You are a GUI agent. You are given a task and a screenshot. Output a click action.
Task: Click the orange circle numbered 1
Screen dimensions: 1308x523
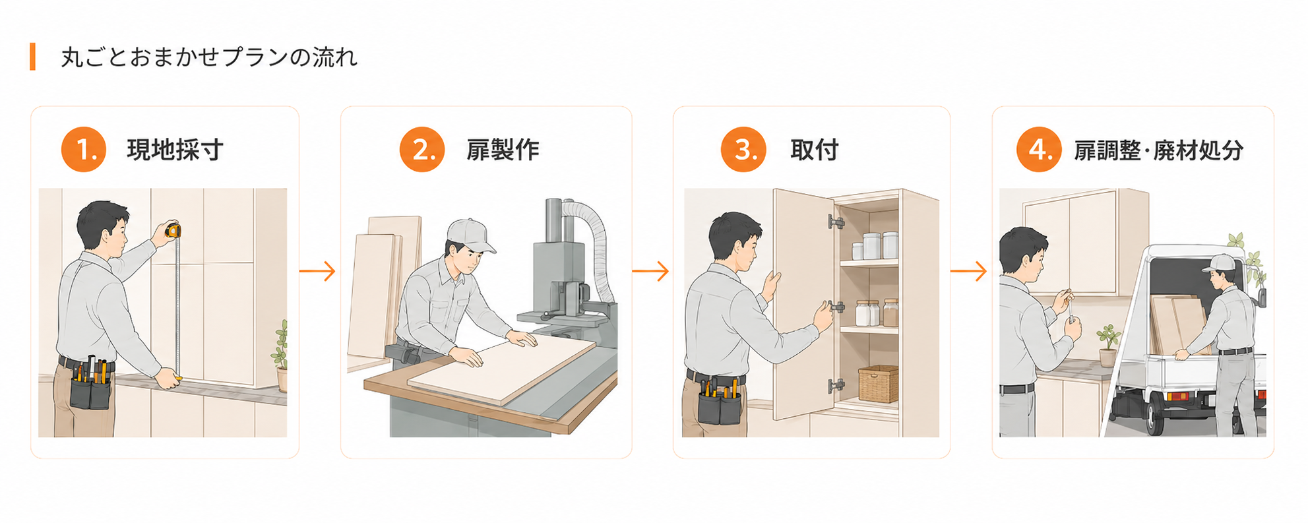pyautogui.click(x=84, y=150)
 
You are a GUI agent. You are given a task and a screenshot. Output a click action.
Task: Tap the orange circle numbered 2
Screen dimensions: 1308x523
pyautogui.click(x=422, y=150)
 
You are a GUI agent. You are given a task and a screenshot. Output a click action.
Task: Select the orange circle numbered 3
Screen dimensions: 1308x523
pyautogui.click(x=743, y=150)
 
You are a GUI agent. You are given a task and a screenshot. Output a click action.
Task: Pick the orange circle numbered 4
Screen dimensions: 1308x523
pyautogui.click(x=1039, y=150)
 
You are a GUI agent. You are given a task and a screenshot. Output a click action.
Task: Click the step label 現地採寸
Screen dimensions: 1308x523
pyautogui.click(x=175, y=150)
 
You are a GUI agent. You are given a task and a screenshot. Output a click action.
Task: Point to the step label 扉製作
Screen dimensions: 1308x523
pyautogui.click(x=503, y=150)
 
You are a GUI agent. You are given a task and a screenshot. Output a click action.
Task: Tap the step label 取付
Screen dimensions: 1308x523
pyautogui.click(x=815, y=150)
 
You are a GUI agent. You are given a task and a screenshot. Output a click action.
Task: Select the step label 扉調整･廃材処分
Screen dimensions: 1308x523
pyautogui.click(x=1159, y=150)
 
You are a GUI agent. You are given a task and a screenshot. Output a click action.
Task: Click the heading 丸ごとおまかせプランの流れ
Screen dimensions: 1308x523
pyautogui.click(x=209, y=57)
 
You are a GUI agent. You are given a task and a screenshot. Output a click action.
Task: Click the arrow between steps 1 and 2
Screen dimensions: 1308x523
pyautogui.click(x=317, y=271)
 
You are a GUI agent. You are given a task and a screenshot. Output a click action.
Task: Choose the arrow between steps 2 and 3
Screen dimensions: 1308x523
pyautogui.click(x=650, y=271)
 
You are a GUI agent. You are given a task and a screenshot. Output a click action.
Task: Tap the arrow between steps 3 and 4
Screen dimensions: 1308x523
pyautogui.click(x=968, y=271)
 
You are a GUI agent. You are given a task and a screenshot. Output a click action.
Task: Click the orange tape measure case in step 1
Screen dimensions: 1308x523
pyautogui.click(x=173, y=230)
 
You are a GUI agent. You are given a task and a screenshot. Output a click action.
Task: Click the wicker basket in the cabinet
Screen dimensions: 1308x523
pyautogui.click(x=878, y=384)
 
